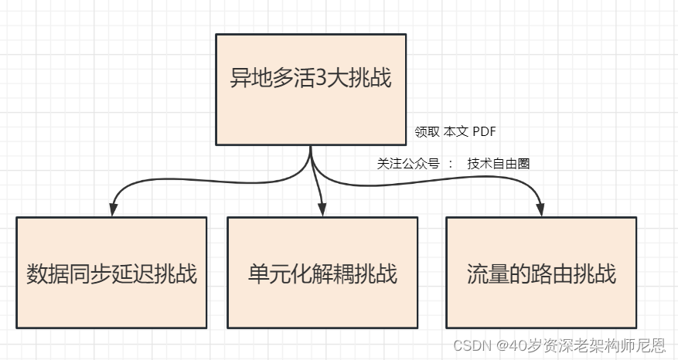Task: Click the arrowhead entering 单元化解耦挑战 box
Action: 322,210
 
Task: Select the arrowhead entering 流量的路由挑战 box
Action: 540,210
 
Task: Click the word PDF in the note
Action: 485,131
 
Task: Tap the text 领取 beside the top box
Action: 427,131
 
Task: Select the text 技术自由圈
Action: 499,164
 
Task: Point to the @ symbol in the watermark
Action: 502,345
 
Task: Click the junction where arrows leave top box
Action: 311,148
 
